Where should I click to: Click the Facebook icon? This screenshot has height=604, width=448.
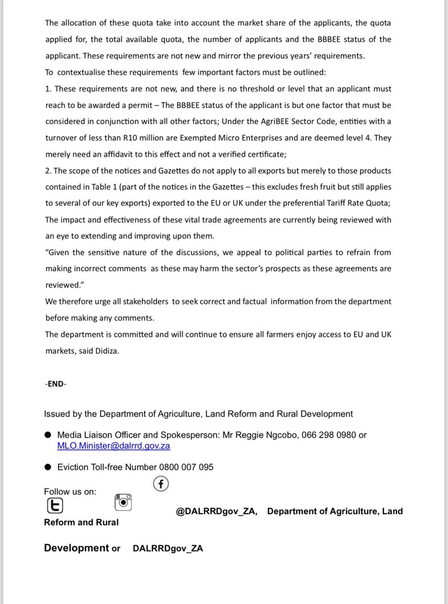(x=162, y=484)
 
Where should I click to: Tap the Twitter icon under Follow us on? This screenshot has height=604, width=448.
(x=54, y=504)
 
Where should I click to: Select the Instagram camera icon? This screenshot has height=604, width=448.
(x=124, y=502)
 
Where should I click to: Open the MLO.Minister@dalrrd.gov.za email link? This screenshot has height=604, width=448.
(x=113, y=446)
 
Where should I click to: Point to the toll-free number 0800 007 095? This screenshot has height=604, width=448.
(x=185, y=467)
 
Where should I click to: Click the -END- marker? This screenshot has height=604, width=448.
(x=56, y=384)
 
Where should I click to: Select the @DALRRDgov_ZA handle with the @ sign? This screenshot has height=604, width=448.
(x=217, y=511)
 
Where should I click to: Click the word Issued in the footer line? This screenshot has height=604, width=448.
(x=57, y=414)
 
